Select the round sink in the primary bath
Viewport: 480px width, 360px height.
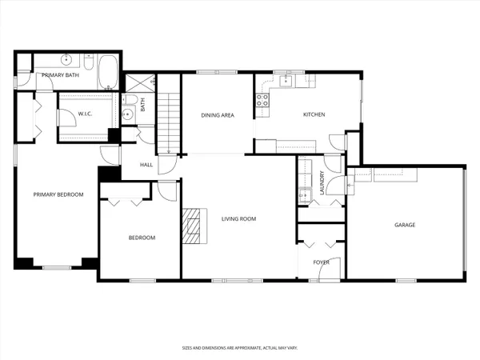pyautogui.click(x=66, y=60)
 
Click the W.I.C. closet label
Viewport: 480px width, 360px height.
pyautogui.click(x=86, y=114)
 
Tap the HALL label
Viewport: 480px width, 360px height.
pyautogui.click(x=146, y=165)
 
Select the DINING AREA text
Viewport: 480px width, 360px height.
pyautogui.click(x=217, y=115)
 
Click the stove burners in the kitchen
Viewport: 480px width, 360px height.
pyautogui.click(x=261, y=100)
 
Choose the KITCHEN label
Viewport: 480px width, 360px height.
pyautogui.click(x=314, y=115)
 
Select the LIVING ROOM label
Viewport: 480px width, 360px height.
pyautogui.click(x=238, y=218)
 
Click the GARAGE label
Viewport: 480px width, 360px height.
pyautogui.click(x=405, y=225)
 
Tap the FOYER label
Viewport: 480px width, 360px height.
pyautogui.click(x=321, y=262)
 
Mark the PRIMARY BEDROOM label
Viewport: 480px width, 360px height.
pyautogui.click(x=58, y=194)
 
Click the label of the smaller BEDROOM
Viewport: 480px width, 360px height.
pyautogui.click(x=142, y=238)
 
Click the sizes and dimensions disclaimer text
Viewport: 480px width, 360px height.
pyautogui.click(x=239, y=349)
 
